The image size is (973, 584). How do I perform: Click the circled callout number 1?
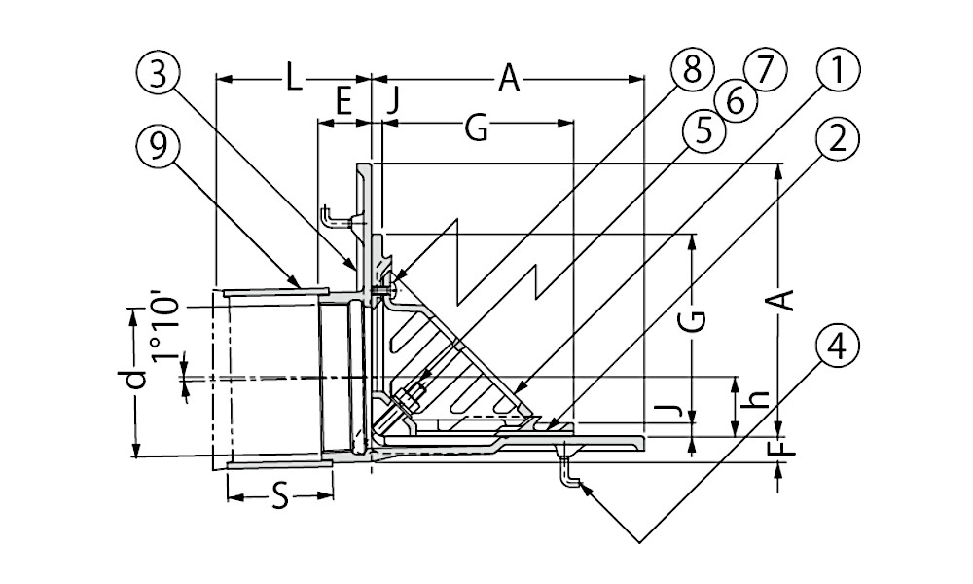(x=838, y=70)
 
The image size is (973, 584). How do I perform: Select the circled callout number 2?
(x=838, y=139)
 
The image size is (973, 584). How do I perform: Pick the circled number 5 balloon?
(x=703, y=132)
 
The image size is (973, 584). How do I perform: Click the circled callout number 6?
(x=735, y=100)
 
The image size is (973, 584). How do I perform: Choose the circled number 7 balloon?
(x=764, y=70)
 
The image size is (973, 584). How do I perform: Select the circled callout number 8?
(x=692, y=70)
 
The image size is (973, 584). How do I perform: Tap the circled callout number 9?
(x=158, y=145)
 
